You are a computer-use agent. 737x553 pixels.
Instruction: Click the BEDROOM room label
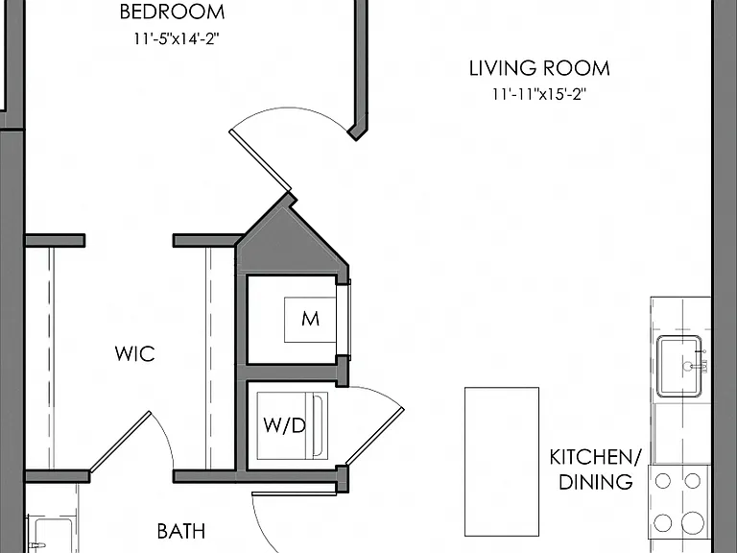click(172, 12)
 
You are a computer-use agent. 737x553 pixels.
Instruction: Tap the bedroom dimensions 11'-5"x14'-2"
click(177, 38)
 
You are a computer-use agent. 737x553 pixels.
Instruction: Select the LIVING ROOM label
click(539, 69)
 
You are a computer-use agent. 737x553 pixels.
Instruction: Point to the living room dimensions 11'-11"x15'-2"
click(539, 94)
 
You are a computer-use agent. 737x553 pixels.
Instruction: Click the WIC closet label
click(135, 354)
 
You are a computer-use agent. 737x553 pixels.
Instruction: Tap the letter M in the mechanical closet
click(310, 320)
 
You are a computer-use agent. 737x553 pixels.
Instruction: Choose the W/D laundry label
click(284, 425)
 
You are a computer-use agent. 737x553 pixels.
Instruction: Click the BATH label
click(181, 531)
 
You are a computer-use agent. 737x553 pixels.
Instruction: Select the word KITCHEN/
click(596, 457)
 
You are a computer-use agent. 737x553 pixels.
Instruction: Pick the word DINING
click(596, 483)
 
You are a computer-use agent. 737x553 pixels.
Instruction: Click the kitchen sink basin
click(679, 367)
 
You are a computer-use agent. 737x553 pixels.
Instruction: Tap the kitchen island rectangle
click(502, 462)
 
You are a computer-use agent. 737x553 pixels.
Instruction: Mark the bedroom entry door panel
click(260, 160)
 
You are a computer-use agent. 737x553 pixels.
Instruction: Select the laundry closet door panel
click(374, 437)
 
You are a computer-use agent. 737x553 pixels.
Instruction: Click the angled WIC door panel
click(120, 442)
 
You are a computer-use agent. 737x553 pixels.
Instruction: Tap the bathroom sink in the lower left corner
click(50, 535)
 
